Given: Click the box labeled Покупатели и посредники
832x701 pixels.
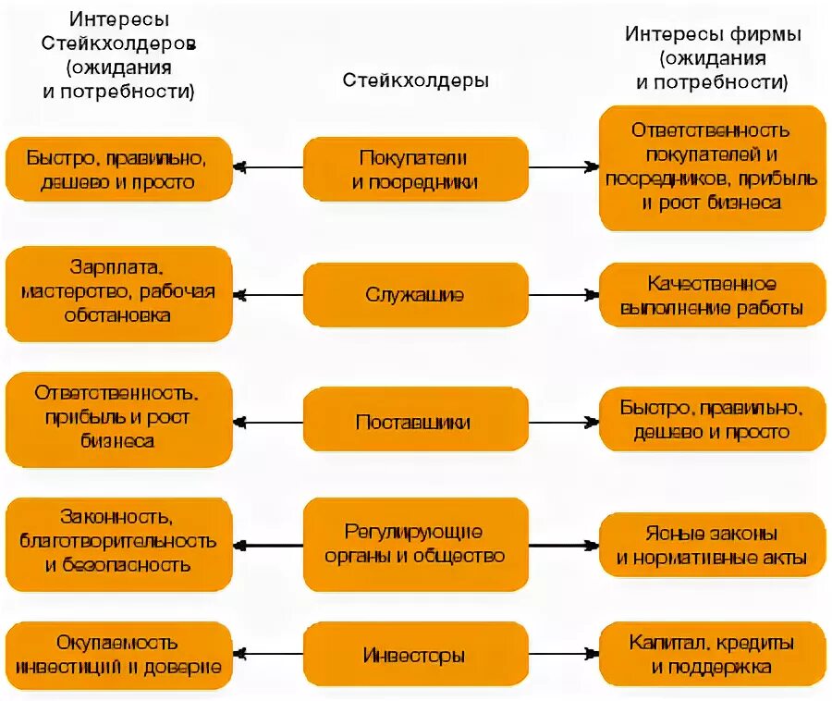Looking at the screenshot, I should coord(415,169).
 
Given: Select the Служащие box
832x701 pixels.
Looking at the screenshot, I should coord(415,295).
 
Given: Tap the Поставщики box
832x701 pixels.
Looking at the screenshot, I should coord(415,423).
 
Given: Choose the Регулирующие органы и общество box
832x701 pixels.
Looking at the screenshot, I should coord(415,544).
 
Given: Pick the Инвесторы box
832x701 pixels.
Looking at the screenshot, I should coord(415,657).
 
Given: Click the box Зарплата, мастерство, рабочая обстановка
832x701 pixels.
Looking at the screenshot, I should coord(118,292).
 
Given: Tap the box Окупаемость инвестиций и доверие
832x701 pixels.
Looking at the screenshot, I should coord(118,655).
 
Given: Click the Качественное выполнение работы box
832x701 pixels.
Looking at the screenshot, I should coord(712,295).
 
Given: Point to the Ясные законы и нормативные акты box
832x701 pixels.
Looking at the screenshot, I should coord(712,546).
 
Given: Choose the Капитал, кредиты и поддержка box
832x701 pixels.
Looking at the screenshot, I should coord(712,655).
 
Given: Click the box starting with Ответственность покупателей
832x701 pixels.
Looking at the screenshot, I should coord(712,166).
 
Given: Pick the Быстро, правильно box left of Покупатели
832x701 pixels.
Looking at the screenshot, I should coord(118,169).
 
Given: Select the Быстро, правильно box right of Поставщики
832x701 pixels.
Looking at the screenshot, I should coord(712,419).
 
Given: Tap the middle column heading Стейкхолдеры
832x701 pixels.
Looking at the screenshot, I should coord(415,80).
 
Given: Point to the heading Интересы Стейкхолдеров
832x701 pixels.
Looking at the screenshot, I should coord(118,55).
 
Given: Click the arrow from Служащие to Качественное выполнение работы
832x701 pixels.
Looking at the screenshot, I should coord(564,295).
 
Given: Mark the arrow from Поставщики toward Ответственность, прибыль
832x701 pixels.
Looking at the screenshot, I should coord(268,423).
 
